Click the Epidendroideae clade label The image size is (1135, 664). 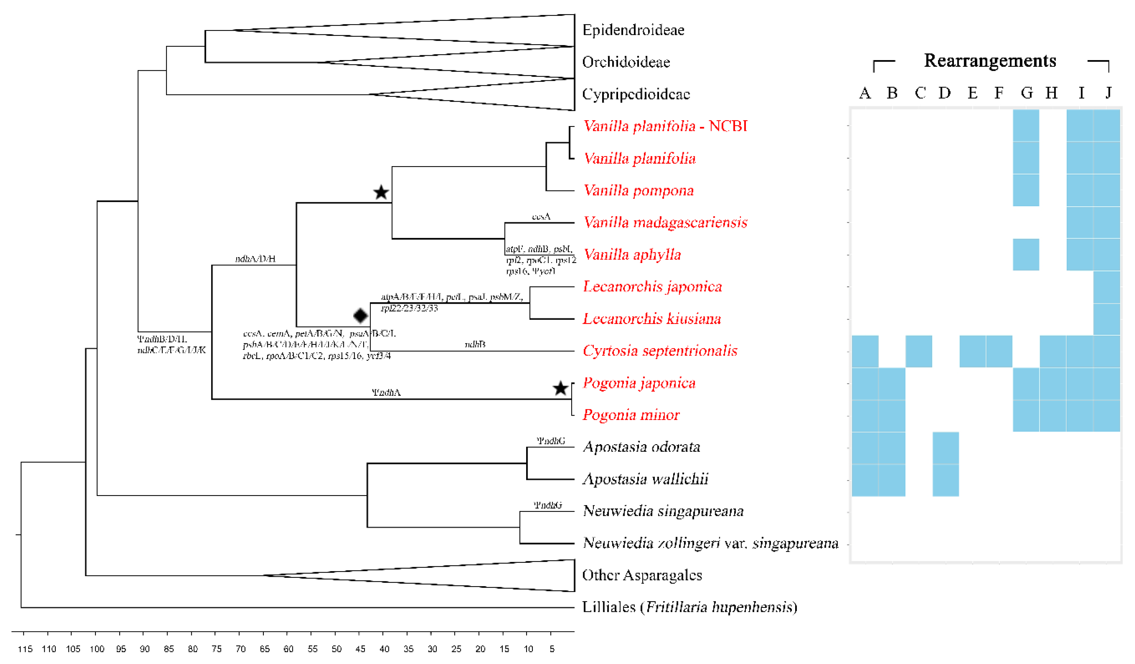tap(633, 30)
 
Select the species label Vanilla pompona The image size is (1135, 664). tap(638, 191)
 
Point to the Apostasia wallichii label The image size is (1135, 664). tap(645, 479)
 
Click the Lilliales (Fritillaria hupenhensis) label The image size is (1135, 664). tap(689, 607)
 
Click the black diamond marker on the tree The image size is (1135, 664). tap(360, 316)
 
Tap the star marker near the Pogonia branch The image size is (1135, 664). tap(560, 388)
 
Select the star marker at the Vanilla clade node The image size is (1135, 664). tap(381, 193)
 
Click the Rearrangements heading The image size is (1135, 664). tap(990, 61)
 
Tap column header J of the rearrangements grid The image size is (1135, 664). tap(1108, 93)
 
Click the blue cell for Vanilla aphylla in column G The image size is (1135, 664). tap(1026, 254)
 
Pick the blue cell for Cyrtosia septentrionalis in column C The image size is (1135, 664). tap(919, 351)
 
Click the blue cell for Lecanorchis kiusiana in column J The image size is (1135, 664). tap(1107, 319)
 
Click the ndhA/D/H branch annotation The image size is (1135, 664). tap(255, 259)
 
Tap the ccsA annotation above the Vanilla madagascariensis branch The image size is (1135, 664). tap(541, 217)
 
